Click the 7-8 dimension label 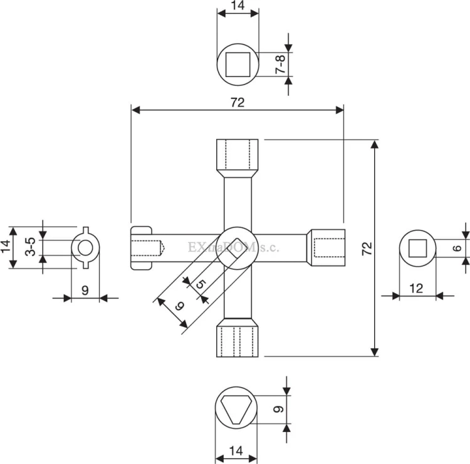[280, 64]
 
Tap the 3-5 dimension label [30, 247]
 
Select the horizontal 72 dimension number [238, 103]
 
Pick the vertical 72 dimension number [367, 249]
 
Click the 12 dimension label [415, 289]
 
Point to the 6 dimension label [457, 248]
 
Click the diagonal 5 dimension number [201, 284]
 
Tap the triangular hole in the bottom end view [236, 410]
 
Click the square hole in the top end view [238, 64]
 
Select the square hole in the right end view [417, 249]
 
